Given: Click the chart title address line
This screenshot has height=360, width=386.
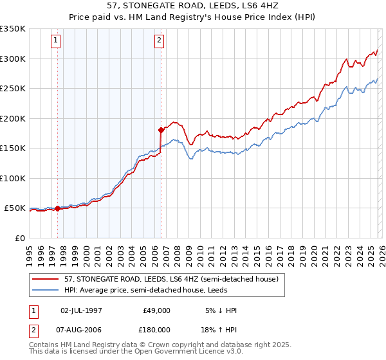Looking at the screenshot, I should [192, 6].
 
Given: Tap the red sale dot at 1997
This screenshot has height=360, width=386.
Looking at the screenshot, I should [57, 208].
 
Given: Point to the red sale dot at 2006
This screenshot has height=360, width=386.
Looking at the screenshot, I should [161, 130].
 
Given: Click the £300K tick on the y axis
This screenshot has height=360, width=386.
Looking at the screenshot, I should [13, 59].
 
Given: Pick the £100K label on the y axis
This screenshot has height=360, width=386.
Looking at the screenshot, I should [13, 178].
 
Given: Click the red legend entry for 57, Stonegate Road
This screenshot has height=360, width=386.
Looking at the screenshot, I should [158, 279].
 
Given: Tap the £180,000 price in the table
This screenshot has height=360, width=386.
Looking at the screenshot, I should [156, 329].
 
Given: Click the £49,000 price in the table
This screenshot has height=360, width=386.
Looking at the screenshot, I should [156, 310].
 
